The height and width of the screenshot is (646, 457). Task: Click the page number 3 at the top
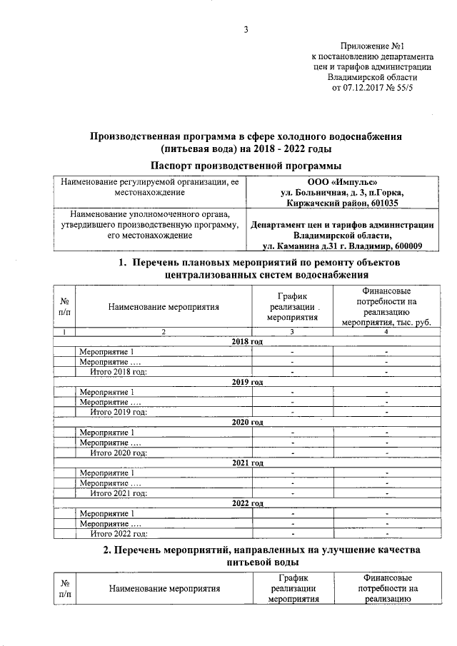246,29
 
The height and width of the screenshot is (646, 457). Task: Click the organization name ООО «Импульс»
338,182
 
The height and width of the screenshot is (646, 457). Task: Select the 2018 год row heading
247,342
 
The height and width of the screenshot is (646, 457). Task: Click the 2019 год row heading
247,382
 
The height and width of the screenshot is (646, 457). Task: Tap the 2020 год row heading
247,423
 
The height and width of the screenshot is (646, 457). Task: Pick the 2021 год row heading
247,463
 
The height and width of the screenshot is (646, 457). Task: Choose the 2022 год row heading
247,503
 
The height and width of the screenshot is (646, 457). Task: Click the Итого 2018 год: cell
119,372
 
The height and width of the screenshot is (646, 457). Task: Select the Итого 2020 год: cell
119,453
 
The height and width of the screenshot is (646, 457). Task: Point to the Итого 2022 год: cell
119,533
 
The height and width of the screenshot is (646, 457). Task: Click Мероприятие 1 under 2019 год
106,392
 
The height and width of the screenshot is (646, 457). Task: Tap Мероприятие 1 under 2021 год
106,473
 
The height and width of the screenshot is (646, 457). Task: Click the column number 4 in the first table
386,332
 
